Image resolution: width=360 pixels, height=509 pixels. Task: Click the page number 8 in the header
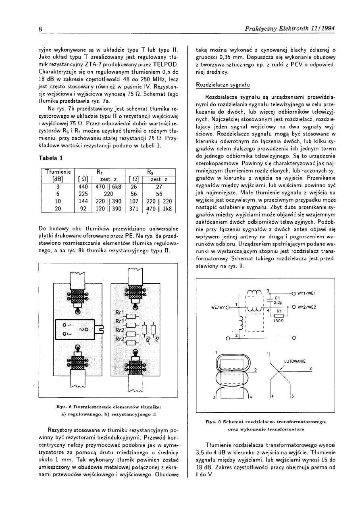(x=41, y=29)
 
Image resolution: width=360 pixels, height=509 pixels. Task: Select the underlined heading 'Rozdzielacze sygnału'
(x=223, y=85)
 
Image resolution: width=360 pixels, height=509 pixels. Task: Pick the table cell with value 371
(x=134, y=208)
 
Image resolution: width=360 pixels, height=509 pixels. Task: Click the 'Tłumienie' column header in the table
(x=58, y=172)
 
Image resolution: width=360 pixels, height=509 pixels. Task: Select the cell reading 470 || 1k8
(x=159, y=208)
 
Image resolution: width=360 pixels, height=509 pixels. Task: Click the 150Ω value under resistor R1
(x=279, y=322)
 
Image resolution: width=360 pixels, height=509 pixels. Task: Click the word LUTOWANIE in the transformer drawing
(x=295, y=361)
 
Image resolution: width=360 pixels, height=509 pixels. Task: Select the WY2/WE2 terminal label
(x=308, y=307)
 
